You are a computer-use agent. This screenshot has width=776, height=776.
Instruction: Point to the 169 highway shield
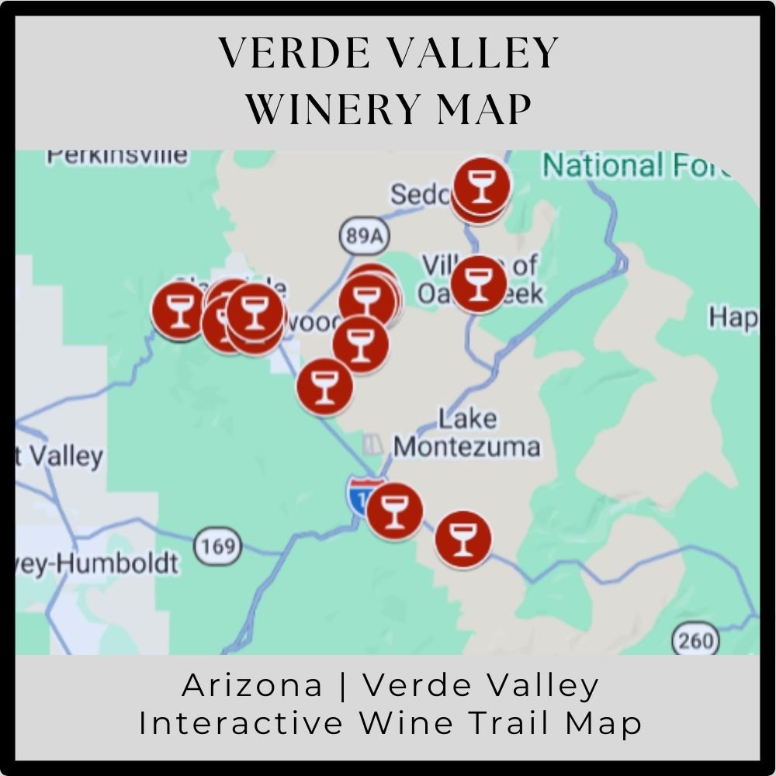[x=217, y=547]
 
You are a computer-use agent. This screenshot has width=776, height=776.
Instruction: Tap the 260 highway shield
[x=695, y=641]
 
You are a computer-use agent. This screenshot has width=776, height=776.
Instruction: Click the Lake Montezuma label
[x=466, y=434]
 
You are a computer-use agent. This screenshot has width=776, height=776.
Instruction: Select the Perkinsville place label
[x=116, y=154]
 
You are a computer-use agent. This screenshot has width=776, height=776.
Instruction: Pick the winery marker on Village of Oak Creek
[x=479, y=283]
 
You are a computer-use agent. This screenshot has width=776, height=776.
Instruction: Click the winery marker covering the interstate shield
[x=394, y=511]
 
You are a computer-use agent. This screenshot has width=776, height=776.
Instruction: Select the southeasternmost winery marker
[x=462, y=539]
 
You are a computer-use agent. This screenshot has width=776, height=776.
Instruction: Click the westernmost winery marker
[x=179, y=310]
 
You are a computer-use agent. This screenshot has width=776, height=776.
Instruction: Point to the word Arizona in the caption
[x=252, y=685]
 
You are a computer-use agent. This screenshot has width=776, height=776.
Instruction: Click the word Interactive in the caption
[x=241, y=723]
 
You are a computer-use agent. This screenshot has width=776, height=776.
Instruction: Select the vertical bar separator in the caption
[x=342, y=685]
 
